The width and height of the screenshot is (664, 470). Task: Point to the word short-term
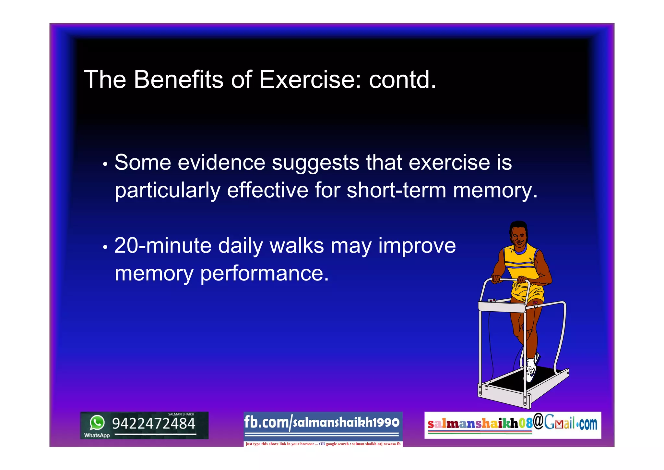click(396, 190)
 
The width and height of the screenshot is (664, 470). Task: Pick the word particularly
click(167, 191)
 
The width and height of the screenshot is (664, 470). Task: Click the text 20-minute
click(163, 245)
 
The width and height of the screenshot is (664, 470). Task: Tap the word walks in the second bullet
click(297, 245)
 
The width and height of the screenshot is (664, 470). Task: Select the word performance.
click(264, 274)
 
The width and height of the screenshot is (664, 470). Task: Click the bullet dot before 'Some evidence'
click(105, 164)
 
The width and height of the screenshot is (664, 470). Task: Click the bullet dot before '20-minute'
click(105, 247)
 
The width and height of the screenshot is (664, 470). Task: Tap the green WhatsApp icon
click(97, 423)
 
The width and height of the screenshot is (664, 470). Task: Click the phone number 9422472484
click(154, 424)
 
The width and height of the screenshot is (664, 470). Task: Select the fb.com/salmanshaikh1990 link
click(322, 422)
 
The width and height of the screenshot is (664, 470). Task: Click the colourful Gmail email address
click(512, 424)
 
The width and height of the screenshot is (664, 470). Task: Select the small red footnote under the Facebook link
click(323, 444)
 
